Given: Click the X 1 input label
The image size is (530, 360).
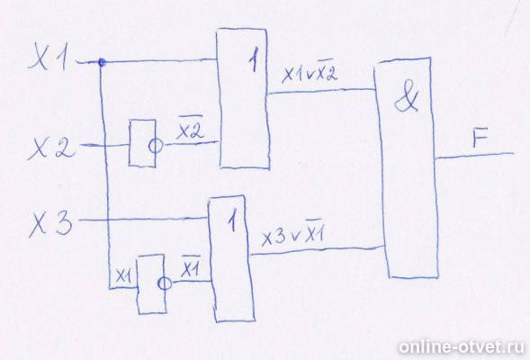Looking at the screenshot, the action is pos(49,58).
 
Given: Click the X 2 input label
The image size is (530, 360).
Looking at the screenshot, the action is pos(50,148).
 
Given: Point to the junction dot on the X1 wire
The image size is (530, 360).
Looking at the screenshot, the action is pos(102,62).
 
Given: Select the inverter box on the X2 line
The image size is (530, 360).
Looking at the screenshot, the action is pos(142,142).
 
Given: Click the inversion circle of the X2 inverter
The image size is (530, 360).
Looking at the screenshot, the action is pos(156,146).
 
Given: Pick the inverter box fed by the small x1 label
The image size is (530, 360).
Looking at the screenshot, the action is pos(151,283).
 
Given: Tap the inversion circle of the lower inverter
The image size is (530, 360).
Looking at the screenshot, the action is pos(165,283).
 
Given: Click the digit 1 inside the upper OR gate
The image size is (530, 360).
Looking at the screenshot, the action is pos(254,62).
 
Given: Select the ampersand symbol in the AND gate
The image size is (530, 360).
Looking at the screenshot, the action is pos(407,100).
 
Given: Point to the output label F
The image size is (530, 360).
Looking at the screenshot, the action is pos(480,139).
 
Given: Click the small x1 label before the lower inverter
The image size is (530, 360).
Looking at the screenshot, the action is pos(123,276).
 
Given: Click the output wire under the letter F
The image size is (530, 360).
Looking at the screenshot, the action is pos(474,156).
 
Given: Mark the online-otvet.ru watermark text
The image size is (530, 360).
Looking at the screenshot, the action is pos(462,347).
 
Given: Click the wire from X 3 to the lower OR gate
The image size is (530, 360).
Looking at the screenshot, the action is pos(143,220).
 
